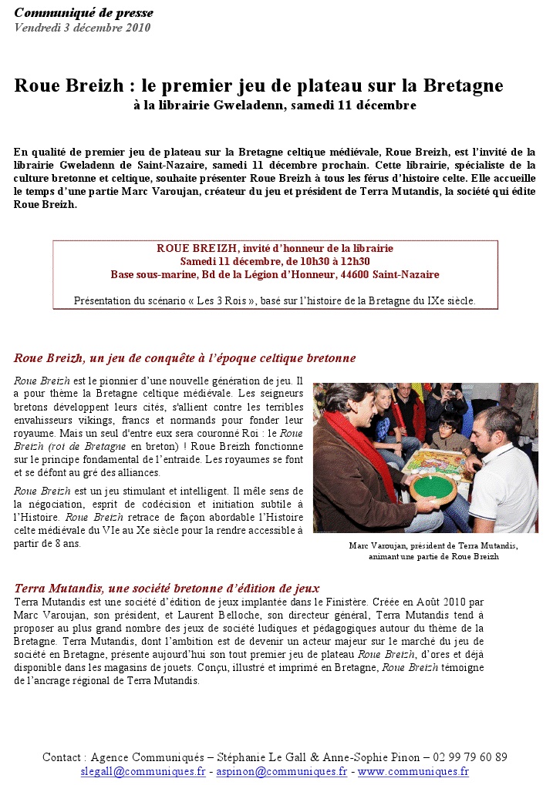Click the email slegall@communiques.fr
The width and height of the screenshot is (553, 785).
[x=143, y=771]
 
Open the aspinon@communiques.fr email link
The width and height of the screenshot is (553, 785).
[x=282, y=771]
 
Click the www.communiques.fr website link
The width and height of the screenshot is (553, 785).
[x=413, y=771]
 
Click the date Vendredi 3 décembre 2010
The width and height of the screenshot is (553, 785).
[x=82, y=28]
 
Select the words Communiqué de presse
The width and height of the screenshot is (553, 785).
[x=83, y=12]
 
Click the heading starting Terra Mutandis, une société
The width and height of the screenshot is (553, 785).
[x=167, y=588]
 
